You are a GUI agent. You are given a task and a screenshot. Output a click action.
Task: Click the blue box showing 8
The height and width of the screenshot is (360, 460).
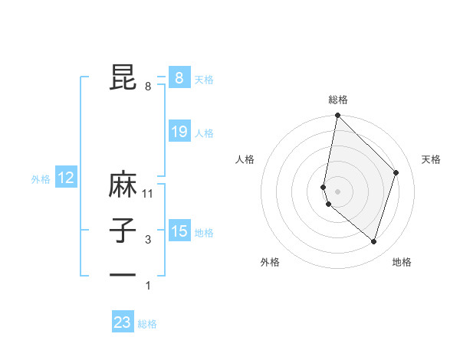click(x=179, y=77)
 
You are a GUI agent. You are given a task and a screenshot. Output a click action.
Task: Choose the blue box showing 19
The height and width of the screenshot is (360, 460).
click(x=179, y=132)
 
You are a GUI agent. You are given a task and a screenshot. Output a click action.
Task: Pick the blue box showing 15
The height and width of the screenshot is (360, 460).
click(x=179, y=231)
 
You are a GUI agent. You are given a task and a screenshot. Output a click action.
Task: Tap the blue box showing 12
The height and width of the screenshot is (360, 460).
click(x=65, y=178)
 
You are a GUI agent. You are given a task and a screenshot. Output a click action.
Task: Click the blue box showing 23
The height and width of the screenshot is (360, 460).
click(x=123, y=322)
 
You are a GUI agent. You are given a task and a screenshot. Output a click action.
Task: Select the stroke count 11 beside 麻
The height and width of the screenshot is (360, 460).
click(x=148, y=194)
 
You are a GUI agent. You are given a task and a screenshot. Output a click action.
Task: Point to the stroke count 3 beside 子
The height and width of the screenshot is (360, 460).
click(x=148, y=240)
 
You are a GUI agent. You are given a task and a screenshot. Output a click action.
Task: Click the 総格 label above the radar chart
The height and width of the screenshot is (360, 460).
click(x=338, y=100)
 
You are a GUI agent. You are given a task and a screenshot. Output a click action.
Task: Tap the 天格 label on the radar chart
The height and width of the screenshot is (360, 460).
click(x=431, y=159)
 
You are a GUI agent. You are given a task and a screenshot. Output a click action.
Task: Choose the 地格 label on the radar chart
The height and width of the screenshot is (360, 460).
click(x=402, y=262)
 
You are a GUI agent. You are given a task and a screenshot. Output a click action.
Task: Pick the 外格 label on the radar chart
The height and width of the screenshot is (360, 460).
click(x=270, y=262)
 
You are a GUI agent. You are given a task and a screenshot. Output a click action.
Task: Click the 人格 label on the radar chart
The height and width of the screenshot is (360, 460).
click(x=245, y=159)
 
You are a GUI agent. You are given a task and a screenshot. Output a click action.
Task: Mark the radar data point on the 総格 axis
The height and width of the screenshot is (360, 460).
click(x=337, y=116)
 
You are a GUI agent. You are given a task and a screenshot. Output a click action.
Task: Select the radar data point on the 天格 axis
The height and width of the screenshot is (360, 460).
click(x=396, y=172)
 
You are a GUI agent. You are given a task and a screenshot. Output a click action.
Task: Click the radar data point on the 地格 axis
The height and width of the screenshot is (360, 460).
click(x=373, y=241)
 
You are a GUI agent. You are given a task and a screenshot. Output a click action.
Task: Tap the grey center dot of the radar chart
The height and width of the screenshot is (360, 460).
click(x=337, y=191)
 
